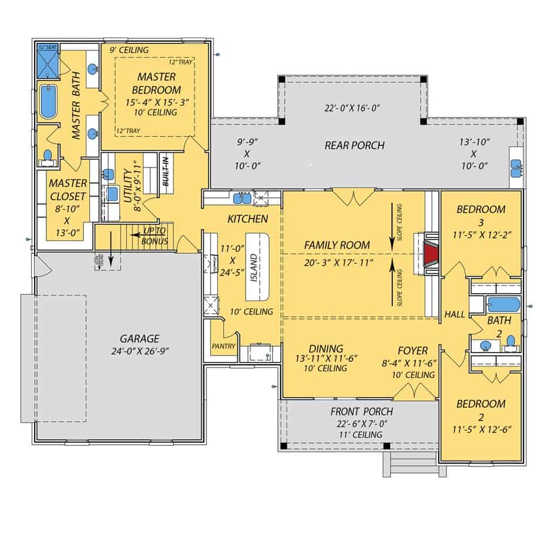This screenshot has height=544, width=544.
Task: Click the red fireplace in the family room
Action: point(431,254)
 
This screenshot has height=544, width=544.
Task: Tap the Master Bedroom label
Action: point(156,83)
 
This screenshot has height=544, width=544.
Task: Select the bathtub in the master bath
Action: point(48,102)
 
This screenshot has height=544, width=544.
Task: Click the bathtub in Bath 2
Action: point(503,304)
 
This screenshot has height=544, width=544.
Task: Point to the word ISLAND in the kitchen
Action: point(254,268)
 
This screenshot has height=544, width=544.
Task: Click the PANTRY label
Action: point(223,346)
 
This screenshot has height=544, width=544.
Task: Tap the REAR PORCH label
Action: point(354,145)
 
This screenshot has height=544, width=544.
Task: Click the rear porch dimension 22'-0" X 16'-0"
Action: point(352,108)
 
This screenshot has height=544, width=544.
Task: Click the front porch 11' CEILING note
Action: point(361,435)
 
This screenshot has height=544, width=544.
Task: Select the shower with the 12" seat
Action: point(48,61)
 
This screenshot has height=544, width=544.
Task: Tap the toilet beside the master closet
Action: point(47,156)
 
